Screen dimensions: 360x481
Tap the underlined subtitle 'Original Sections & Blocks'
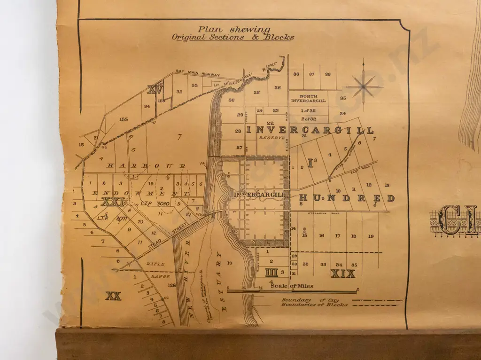233,37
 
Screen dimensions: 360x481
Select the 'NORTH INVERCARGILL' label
308,98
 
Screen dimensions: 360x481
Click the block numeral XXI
112,202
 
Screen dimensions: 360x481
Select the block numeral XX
113,296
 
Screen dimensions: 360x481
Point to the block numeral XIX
342,274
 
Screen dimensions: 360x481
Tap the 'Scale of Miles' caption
292,286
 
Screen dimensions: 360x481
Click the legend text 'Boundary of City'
310,300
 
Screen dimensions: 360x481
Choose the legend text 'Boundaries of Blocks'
314,305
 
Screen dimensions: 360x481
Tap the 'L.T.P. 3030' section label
151,203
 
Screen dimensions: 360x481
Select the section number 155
124,119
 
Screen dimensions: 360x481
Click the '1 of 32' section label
308,110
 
